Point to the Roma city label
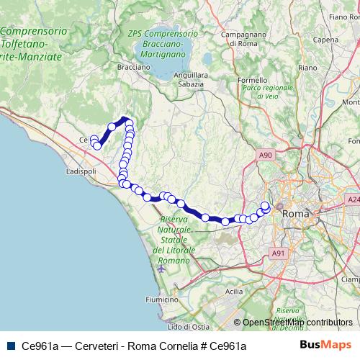296,214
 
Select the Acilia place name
234,292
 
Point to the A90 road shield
266,155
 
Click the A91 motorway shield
279,253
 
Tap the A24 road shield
353,199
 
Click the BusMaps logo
325,345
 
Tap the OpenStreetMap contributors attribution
297,323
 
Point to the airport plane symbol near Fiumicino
160,269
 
